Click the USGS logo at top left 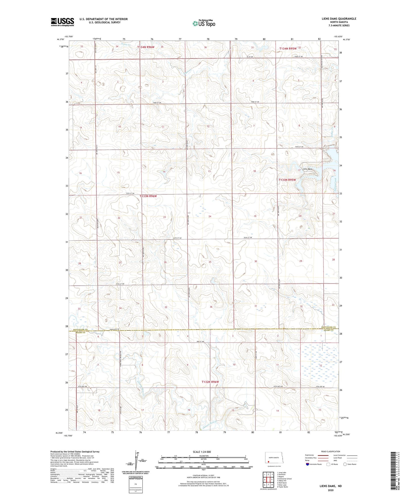tap(62, 22)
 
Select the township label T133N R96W tap(148, 196)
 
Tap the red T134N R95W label tap(288, 49)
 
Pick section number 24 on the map tap(210, 216)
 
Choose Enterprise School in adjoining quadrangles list tap(284, 479)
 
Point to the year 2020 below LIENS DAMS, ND tap(331, 490)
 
